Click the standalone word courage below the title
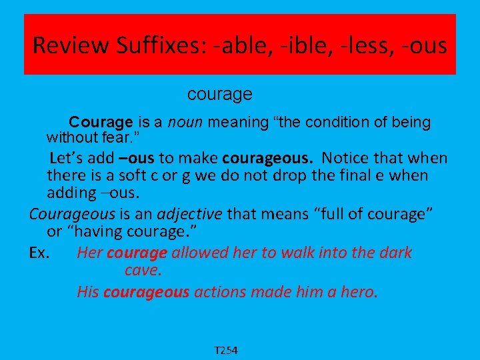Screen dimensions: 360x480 219,95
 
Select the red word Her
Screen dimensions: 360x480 89,253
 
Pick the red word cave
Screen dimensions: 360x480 143,271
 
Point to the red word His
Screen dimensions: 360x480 89,291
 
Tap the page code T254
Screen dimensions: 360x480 227,350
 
